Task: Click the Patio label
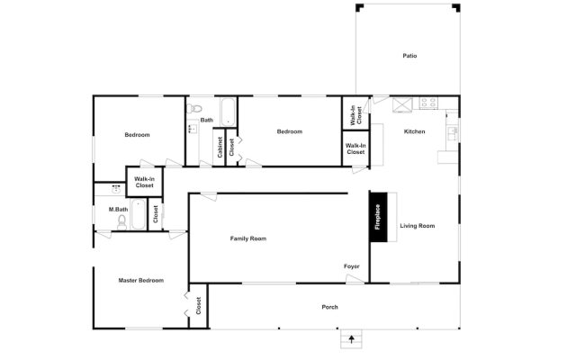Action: point(409,56)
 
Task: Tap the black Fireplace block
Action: point(378,217)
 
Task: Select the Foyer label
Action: point(351,266)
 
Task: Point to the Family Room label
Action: point(248,238)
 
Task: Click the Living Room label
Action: point(417,226)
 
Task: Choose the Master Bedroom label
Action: point(141,280)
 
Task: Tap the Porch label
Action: point(330,307)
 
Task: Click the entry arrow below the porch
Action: point(350,340)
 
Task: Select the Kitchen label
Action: point(414,132)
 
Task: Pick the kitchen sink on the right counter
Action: point(452,131)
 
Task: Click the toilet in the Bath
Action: point(193,109)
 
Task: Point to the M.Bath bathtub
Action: point(138,214)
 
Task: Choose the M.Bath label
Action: point(118,210)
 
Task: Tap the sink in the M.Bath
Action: point(117,190)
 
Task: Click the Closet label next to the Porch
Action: point(198,306)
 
